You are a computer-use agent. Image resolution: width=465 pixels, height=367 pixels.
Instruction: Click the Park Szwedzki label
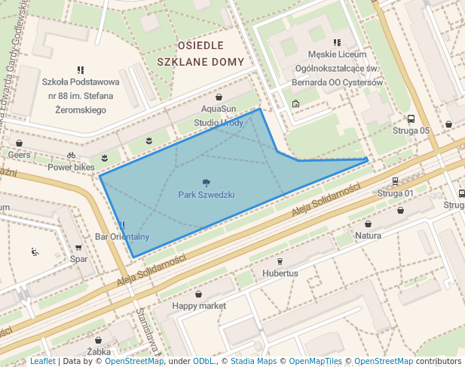click(206, 195)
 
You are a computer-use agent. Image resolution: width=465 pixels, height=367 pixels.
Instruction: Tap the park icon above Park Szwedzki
click(206, 182)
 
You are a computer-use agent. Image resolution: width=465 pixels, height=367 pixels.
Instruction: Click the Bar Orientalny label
click(122, 237)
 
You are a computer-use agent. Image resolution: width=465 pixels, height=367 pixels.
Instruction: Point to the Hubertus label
click(280, 273)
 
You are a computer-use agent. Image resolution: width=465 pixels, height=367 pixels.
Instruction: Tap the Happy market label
click(199, 306)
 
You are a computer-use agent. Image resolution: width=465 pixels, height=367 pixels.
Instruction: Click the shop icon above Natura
click(369, 224)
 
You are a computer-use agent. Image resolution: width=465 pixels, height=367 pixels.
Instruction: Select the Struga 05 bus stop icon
click(411, 119)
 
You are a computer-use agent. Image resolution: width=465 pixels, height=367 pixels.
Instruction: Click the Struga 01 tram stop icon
click(396, 181)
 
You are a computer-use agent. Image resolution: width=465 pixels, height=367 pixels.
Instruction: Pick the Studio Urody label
click(219, 122)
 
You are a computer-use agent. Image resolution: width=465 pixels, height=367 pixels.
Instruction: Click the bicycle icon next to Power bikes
click(71, 156)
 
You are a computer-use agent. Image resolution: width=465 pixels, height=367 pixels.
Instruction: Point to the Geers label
click(19, 154)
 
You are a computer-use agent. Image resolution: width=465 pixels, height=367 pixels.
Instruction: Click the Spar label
click(78, 259)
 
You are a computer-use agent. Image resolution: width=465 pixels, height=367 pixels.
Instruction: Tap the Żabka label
click(99, 351)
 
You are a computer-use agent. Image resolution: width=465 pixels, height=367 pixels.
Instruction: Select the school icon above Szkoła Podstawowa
click(81, 69)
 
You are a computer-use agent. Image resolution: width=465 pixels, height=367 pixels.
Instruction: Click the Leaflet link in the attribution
click(42, 362)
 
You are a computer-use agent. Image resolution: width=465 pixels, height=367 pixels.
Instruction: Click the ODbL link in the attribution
click(203, 362)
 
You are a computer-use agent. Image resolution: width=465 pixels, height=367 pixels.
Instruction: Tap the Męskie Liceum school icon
click(337, 43)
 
